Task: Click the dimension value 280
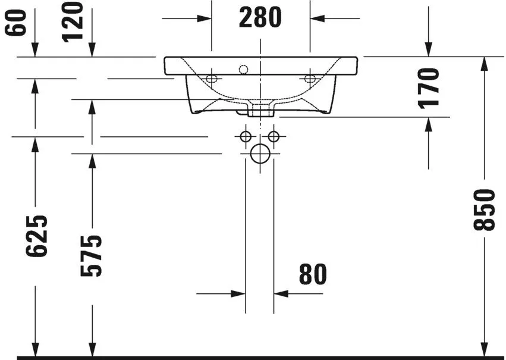click(x=260, y=18)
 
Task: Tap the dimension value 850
click(x=486, y=209)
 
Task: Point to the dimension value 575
click(x=92, y=256)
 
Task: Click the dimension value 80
click(x=313, y=274)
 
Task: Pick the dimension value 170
click(x=429, y=87)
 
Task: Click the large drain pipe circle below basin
click(x=260, y=154)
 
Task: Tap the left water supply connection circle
click(x=246, y=137)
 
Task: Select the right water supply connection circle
click(x=274, y=137)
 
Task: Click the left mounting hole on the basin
click(x=211, y=78)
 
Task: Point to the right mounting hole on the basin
click(x=309, y=78)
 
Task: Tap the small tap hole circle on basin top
click(x=243, y=70)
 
